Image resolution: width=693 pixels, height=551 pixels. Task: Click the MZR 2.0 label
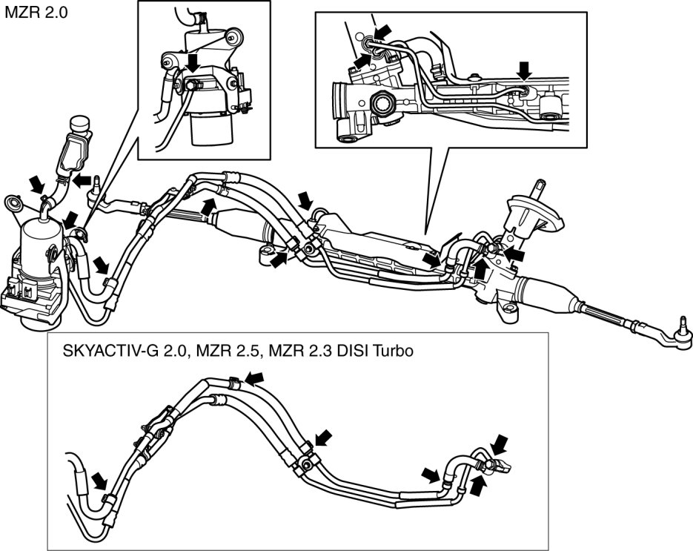(x=36, y=13)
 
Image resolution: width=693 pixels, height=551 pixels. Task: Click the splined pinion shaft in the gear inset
(x=382, y=105)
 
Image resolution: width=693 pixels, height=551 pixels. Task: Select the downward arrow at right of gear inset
(x=524, y=70)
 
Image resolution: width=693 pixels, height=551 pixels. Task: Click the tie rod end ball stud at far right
(x=683, y=325)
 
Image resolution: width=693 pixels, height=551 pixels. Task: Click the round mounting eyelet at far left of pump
(x=13, y=203)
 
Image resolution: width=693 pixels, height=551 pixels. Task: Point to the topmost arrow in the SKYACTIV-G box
(x=254, y=378)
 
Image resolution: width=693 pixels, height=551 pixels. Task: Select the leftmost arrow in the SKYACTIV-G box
(x=99, y=481)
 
